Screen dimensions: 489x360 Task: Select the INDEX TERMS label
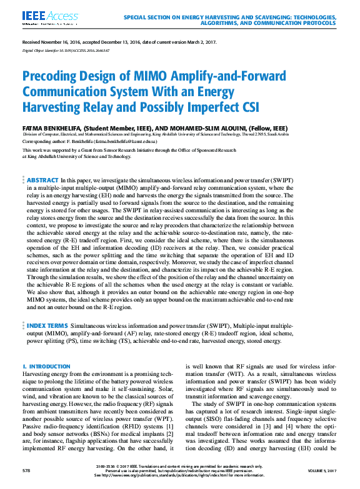[x=47, y=326]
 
